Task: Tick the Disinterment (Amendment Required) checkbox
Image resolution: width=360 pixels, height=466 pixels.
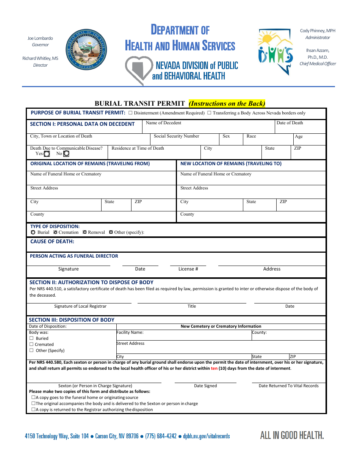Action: (130, 113)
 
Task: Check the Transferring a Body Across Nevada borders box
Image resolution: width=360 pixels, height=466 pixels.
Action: (209, 113)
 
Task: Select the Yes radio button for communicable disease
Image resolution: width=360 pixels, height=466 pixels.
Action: (47, 154)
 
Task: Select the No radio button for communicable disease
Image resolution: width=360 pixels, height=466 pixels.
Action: (66, 154)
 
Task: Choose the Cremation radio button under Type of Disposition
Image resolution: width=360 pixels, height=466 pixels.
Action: (55, 232)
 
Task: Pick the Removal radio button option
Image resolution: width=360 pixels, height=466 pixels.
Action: (85, 232)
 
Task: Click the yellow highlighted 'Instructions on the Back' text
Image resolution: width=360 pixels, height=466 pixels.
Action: (227, 103)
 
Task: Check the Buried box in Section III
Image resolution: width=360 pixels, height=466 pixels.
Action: (31, 338)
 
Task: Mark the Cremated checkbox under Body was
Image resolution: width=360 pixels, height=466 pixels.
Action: (31, 344)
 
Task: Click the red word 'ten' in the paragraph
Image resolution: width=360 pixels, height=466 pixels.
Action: (214, 368)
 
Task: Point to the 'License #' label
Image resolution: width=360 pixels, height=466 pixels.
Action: (188, 269)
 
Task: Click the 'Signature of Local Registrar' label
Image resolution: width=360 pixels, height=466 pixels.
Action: (80, 306)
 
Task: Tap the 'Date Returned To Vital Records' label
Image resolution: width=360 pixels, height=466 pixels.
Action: (288, 386)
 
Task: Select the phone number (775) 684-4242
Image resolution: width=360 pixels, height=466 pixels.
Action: (161, 436)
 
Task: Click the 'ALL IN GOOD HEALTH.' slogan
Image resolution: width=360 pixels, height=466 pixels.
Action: (292, 435)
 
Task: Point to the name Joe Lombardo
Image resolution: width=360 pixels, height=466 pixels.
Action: (40, 38)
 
